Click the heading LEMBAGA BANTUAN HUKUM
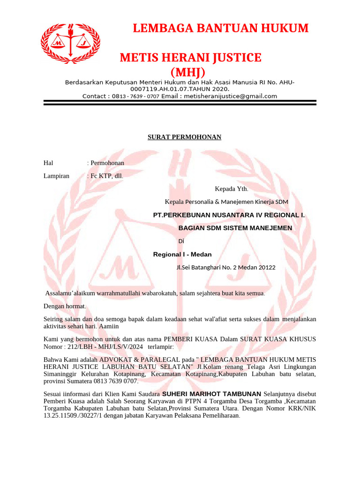click(x=221, y=28)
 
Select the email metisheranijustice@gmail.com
click(x=231, y=96)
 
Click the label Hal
click(x=48, y=163)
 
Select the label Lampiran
click(x=56, y=176)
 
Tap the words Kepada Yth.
click(x=231, y=189)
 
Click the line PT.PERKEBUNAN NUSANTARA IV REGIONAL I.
click(x=229, y=215)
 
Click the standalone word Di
click(x=181, y=241)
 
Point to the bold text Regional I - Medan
click(x=182, y=255)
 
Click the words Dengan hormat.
click(x=64, y=306)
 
